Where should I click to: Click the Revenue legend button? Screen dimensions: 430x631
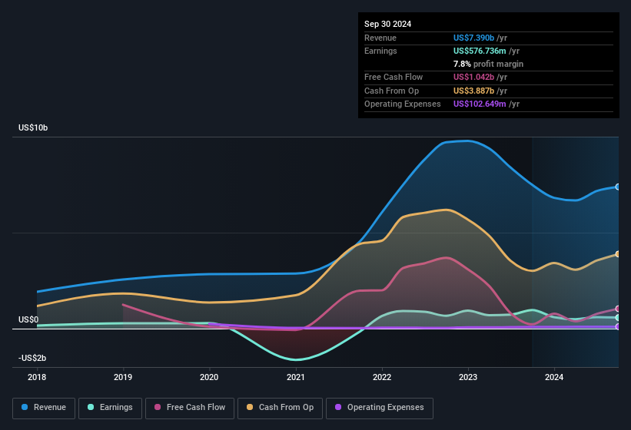[44, 408]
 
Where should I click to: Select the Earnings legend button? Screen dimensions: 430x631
[110, 408]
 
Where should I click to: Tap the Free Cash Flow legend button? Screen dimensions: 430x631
[189, 408]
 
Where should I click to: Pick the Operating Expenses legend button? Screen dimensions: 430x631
[380, 408]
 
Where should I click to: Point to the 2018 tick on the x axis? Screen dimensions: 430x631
[37, 378]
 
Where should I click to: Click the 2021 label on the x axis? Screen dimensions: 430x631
[296, 378]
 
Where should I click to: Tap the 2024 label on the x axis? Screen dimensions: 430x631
[554, 378]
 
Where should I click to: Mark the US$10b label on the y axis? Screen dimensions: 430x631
[33, 127]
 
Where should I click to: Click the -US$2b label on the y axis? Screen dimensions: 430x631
[33, 358]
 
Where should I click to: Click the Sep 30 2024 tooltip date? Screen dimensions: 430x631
[388, 24]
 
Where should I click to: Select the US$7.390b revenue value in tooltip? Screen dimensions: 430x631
[474, 38]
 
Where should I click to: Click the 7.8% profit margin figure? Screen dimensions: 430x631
[463, 64]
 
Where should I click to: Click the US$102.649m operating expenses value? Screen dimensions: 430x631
[480, 104]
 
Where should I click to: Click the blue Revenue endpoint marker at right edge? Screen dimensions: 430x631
[618, 187]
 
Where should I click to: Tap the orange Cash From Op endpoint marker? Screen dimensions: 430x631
[618, 254]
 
